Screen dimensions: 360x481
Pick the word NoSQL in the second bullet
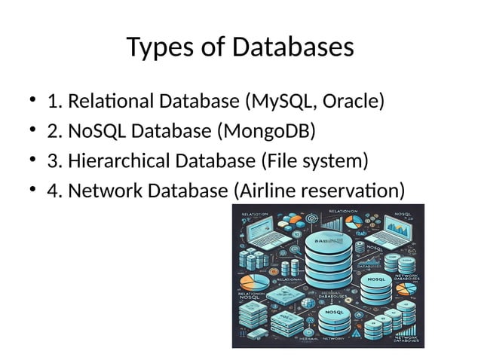(x=97, y=131)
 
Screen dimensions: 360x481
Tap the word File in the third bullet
(x=283, y=161)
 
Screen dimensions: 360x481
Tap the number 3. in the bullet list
(x=54, y=161)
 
